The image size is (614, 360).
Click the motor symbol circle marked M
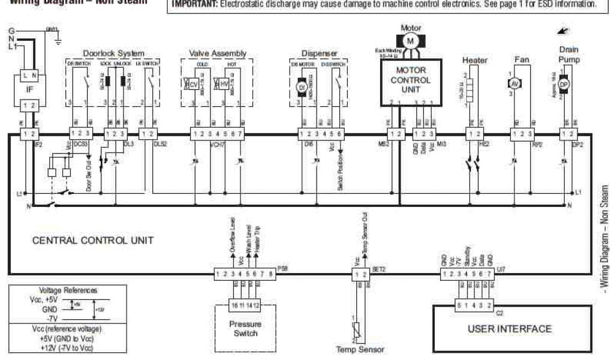pos(411,40)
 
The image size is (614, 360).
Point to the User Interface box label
pos(510,328)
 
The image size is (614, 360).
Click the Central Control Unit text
pos(93,240)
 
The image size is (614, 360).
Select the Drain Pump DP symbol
pos(563,85)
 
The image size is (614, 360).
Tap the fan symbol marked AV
pos(513,83)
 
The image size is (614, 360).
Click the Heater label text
pos(475,60)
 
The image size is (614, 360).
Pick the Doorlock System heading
pos(113,53)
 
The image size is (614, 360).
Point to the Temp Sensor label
pos(361,350)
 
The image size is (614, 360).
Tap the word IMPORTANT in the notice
pos(194,5)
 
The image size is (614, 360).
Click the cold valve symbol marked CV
pos(194,85)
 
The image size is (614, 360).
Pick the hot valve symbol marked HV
pos(224,85)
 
